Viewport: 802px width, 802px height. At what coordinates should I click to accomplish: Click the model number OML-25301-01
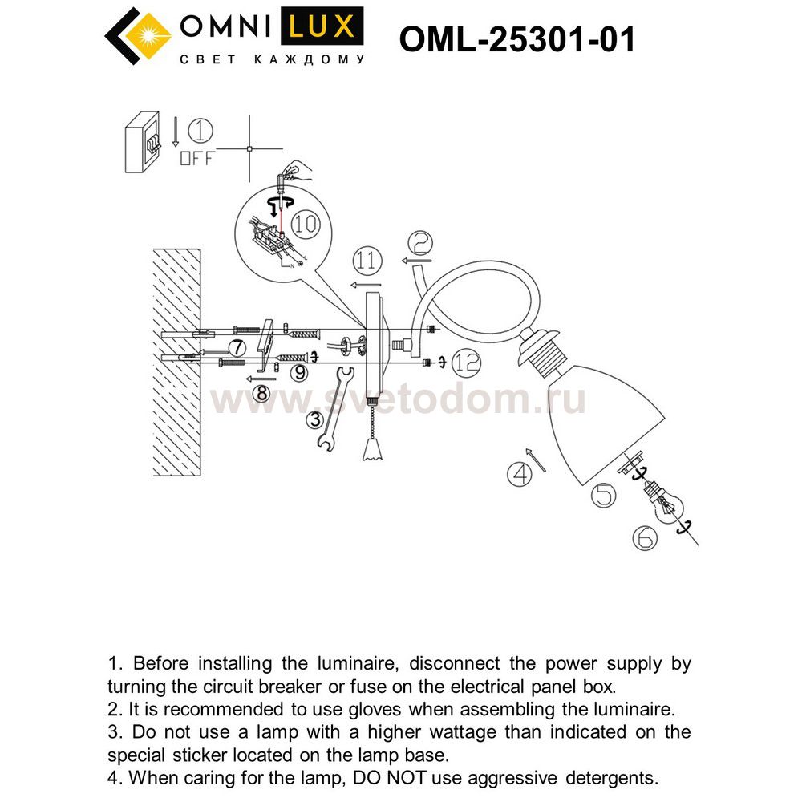click(516, 38)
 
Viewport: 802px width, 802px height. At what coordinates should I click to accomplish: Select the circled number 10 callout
click(306, 224)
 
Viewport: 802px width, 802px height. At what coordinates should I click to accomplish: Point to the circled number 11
click(366, 260)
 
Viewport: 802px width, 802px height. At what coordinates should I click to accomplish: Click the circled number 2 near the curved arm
click(419, 242)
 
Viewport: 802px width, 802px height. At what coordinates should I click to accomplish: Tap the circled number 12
click(465, 362)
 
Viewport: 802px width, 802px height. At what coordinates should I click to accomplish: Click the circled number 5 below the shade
click(603, 495)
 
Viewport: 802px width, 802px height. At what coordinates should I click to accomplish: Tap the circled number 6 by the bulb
click(644, 538)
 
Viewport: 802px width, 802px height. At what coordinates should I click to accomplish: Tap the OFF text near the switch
click(197, 158)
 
